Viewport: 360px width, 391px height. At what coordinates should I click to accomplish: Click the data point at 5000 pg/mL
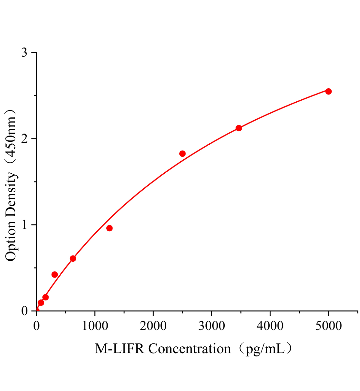click(328, 91)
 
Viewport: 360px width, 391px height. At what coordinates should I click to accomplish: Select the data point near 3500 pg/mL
click(239, 128)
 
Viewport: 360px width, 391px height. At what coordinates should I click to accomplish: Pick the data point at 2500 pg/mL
click(182, 153)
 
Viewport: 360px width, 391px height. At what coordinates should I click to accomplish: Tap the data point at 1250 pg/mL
click(109, 228)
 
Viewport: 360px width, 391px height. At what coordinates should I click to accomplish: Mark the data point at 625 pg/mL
click(73, 258)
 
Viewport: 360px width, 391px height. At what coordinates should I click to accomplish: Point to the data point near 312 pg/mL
click(54, 274)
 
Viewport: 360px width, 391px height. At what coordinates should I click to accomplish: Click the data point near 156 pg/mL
click(45, 297)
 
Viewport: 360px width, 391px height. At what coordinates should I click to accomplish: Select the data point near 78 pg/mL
click(41, 302)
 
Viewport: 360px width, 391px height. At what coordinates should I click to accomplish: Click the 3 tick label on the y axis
click(24, 53)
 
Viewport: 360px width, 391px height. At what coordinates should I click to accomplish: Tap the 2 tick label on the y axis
click(24, 139)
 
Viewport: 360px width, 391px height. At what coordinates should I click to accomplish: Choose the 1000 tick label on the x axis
click(95, 326)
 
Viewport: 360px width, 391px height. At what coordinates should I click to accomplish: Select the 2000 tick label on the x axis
click(153, 326)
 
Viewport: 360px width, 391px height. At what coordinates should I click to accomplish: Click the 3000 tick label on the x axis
click(212, 326)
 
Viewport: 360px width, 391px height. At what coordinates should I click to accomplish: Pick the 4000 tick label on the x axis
click(270, 326)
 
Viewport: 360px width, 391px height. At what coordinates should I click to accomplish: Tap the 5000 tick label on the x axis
click(328, 326)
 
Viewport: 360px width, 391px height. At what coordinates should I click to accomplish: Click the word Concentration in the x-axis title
click(189, 349)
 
